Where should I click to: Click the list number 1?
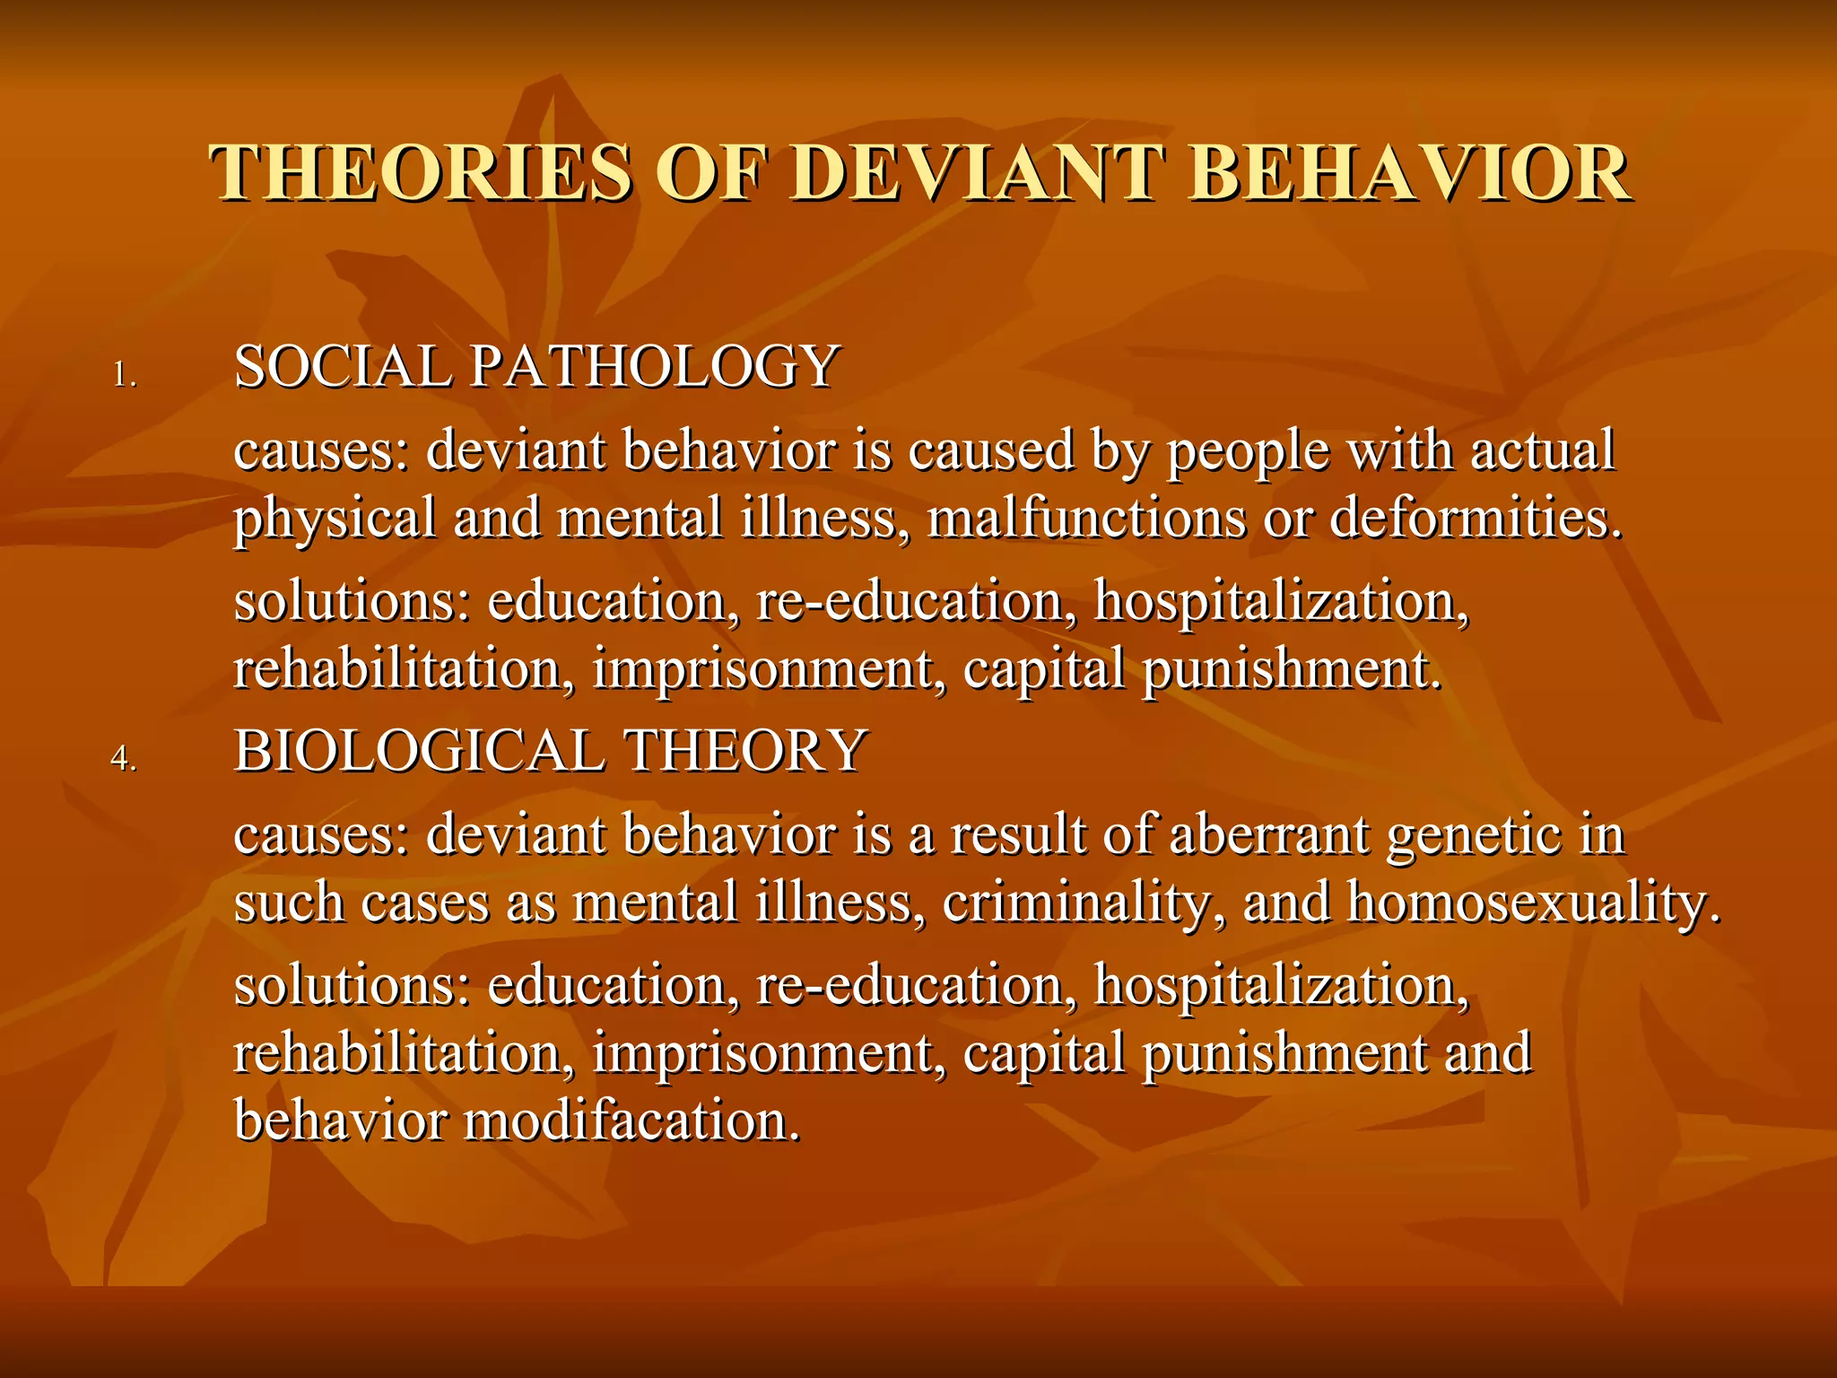[124, 375]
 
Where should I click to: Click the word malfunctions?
[1086, 519]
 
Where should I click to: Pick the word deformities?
[1476, 519]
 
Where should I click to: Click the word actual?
[1542, 450]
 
